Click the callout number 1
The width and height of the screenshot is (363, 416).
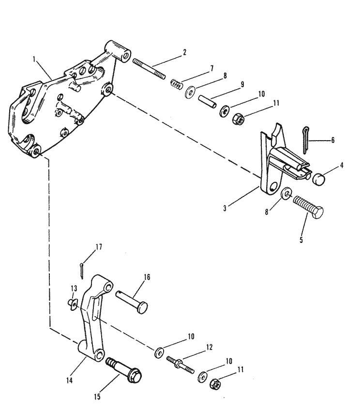(34, 59)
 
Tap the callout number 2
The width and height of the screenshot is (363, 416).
(184, 52)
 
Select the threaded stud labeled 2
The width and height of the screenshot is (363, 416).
(149, 69)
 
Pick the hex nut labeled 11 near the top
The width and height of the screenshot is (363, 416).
(238, 118)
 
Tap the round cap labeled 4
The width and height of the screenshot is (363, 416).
(319, 179)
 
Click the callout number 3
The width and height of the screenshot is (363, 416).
(225, 208)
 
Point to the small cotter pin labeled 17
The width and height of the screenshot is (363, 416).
(82, 271)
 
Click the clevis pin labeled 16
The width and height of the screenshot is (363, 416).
(132, 302)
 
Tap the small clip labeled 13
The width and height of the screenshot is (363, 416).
(72, 304)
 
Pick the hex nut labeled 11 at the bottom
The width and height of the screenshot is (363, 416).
(215, 384)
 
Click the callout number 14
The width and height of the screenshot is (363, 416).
(69, 380)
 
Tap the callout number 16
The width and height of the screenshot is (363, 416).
(147, 277)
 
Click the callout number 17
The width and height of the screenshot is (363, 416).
(99, 247)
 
